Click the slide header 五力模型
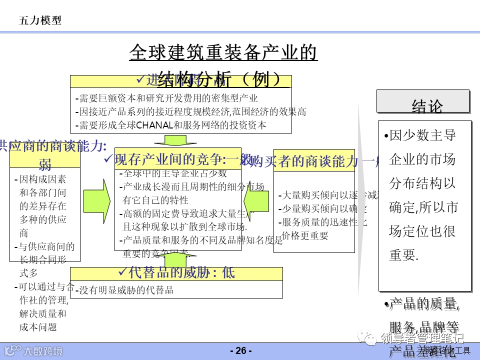pyautogui.click(x=40, y=20)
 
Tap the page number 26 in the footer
pyautogui.click(x=240, y=350)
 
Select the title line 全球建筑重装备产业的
pyautogui.click(x=223, y=52)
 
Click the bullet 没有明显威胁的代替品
pyautogui.click(x=127, y=289)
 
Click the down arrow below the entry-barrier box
pyautogui.click(x=175, y=140)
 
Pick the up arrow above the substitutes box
pyautogui.click(x=175, y=258)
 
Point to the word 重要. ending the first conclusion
pyautogui.click(x=403, y=255)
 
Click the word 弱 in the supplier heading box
pyautogui.click(x=45, y=165)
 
